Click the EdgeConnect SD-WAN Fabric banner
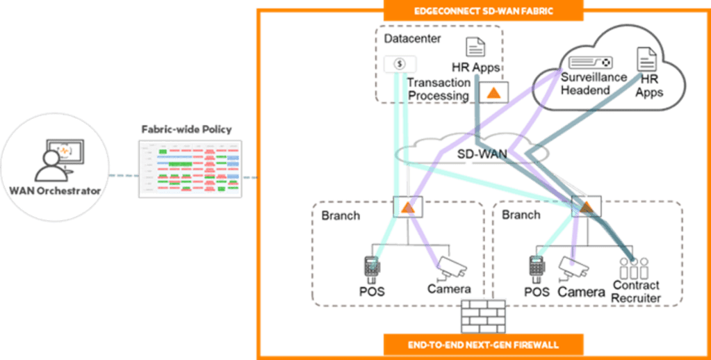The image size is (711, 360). (x=484, y=11)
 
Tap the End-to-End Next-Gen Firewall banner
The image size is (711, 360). (x=484, y=343)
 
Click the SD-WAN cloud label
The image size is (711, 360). (x=480, y=152)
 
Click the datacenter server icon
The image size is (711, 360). (x=400, y=63)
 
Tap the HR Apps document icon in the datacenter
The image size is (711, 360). (x=476, y=47)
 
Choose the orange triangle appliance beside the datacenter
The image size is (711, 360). (x=493, y=92)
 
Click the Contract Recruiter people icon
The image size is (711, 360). (x=634, y=268)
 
